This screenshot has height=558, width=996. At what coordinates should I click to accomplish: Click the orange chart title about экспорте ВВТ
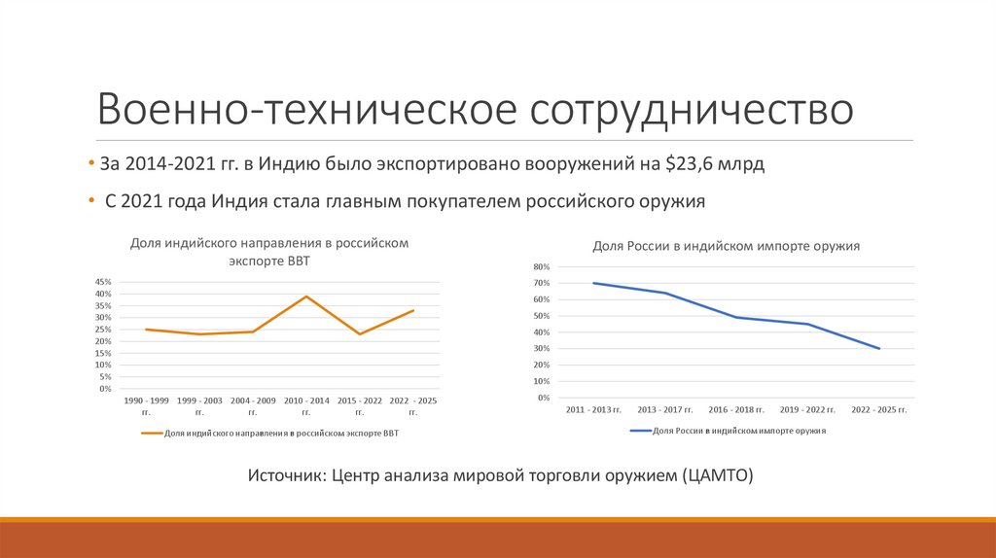point(269,252)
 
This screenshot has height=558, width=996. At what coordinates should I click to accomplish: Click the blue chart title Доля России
point(727,247)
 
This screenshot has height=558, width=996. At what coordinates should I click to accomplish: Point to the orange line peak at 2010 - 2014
point(306,296)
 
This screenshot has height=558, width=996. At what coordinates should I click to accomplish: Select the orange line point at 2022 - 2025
point(413,310)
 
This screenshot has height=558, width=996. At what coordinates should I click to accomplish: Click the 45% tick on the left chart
point(103,282)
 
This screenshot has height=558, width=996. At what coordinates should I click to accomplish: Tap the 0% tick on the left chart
point(105,389)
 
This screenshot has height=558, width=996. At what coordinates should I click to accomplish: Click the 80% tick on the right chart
point(542,266)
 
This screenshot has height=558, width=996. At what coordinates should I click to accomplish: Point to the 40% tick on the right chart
point(542,332)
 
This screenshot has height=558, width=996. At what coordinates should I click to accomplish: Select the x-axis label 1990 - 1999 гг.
point(146,405)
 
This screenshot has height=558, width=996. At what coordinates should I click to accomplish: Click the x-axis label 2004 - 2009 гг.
point(253,405)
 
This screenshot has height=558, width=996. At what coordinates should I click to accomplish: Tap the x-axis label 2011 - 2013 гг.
point(594,410)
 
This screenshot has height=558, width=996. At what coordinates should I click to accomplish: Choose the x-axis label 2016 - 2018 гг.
point(736,410)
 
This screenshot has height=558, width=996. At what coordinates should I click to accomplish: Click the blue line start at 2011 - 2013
point(593,283)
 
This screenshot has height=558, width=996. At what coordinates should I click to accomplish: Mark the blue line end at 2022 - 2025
point(879,348)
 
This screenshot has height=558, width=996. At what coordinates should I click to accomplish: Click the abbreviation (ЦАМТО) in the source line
point(718,476)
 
